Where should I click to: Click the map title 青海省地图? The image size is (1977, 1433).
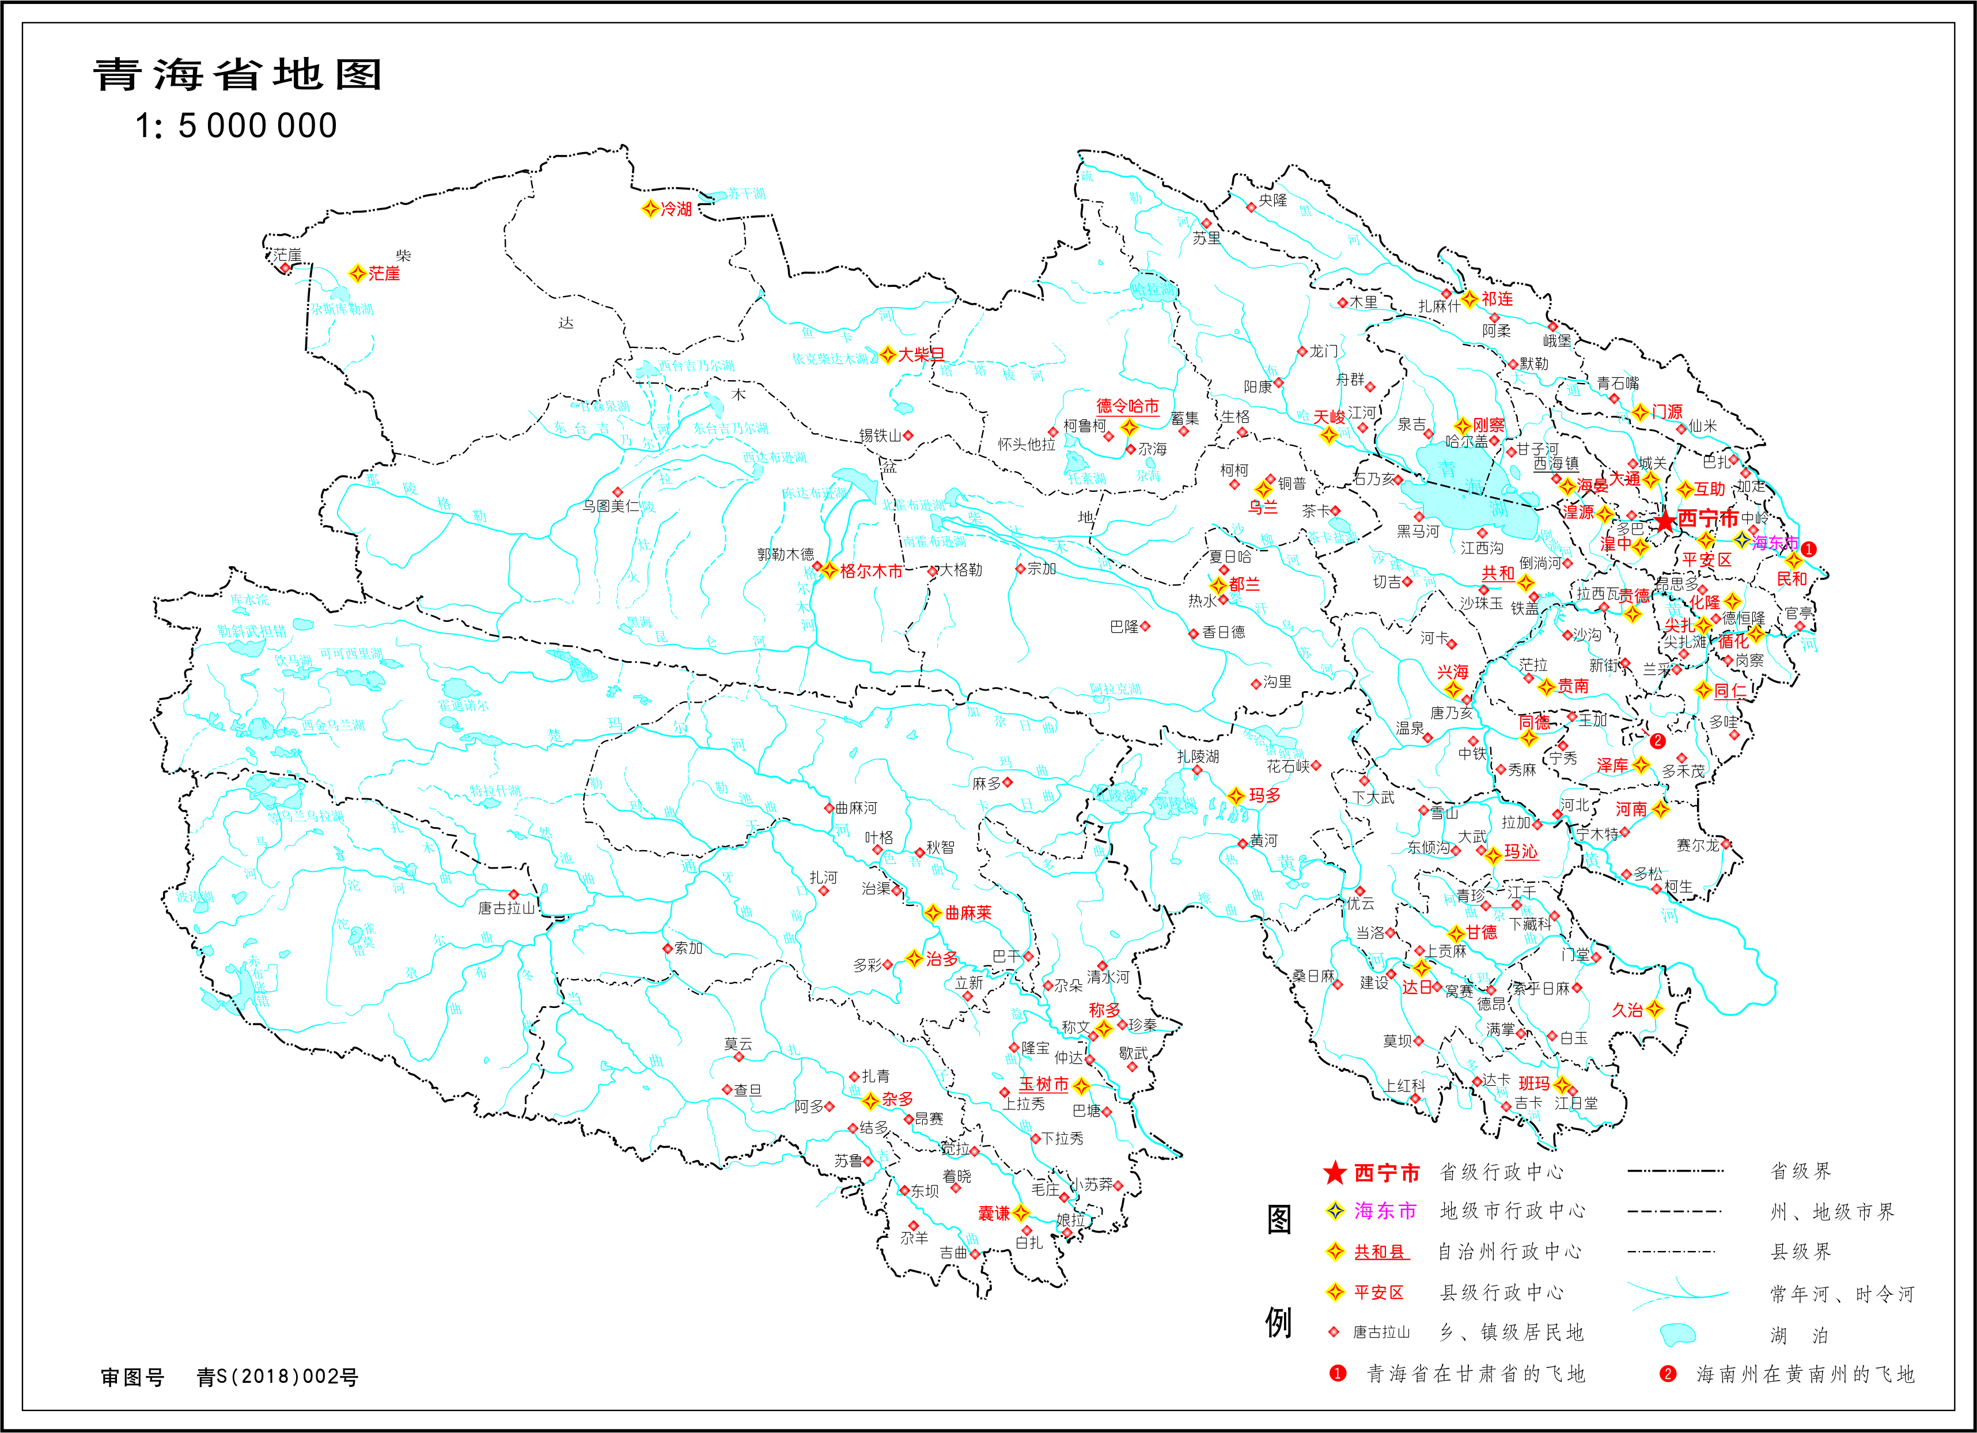click(237, 75)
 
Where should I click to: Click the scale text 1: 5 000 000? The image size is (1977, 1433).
click(236, 126)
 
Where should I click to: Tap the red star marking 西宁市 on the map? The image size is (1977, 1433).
click(1665, 521)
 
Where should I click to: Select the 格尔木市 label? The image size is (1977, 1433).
click(871, 571)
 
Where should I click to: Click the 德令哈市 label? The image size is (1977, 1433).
click(1127, 406)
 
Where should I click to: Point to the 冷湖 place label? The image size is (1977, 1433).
click(676, 209)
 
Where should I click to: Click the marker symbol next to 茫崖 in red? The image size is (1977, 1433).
click(357, 274)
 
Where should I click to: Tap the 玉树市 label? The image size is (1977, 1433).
click(1043, 1085)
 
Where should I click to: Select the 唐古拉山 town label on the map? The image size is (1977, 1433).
click(506, 908)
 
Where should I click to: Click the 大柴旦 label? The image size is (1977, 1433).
click(921, 355)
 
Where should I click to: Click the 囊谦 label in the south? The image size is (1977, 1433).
click(994, 1214)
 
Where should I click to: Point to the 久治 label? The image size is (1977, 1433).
click(1627, 1010)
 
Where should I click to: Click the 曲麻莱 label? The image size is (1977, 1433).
click(968, 913)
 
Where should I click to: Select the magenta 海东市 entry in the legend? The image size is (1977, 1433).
click(1385, 1211)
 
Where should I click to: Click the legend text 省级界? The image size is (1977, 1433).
click(1800, 1170)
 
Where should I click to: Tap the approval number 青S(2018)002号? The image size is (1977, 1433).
click(277, 1377)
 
